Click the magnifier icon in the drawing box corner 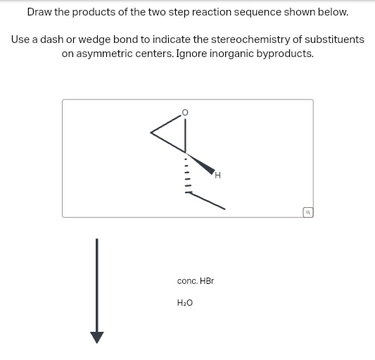tap(307, 211)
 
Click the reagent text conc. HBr tap(195, 280)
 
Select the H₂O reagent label tap(184, 303)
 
